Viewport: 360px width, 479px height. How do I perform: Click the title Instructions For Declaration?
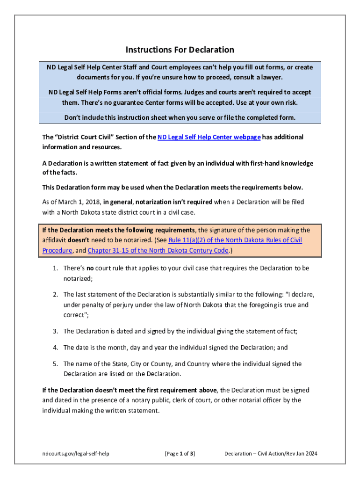(x=180, y=50)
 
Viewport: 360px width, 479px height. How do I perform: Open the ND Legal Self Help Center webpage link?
(x=209, y=137)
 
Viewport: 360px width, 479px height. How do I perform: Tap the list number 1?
(x=55, y=268)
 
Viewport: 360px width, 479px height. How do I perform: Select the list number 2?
(x=55, y=294)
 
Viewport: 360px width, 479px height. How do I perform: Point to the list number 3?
(x=55, y=331)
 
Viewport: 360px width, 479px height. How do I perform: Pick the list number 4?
(x=55, y=347)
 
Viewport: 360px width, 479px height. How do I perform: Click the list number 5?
(x=55, y=363)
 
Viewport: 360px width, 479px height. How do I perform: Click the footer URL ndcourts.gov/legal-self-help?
(x=75, y=453)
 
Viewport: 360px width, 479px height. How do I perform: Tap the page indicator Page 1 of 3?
(x=180, y=453)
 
